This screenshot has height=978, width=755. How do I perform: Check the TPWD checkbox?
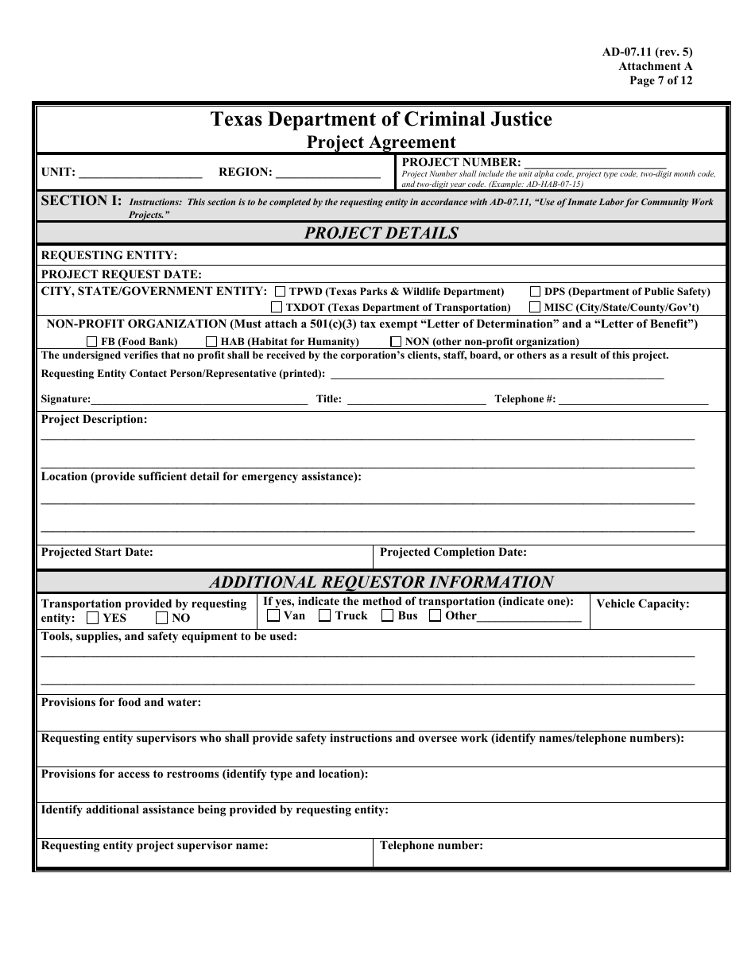coord(281,292)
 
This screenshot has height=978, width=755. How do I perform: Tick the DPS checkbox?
coord(536,292)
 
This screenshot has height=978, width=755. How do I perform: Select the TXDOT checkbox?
coord(277,307)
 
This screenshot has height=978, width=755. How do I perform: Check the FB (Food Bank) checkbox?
coord(92,341)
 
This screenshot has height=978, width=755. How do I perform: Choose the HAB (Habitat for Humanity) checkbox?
coord(211,341)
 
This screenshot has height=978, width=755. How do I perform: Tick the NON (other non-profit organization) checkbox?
coord(396,341)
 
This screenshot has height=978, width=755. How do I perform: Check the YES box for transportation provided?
coord(93,618)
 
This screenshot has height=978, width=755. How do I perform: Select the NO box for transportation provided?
coord(161,618)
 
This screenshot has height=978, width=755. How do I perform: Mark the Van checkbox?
coord(273,615)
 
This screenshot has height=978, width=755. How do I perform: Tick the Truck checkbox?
coord(324,615)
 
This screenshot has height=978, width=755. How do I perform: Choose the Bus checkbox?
coord(387,615)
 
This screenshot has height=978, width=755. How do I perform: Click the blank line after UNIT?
coord(141,173)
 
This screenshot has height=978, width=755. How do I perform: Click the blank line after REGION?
coord(327,173)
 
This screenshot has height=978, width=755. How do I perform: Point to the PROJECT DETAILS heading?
coord(381,233)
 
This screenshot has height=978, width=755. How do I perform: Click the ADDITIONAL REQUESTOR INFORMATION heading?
coord(381,582)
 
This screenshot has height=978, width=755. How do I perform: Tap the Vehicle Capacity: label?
coord(642,603)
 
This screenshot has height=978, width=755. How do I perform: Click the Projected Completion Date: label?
coord(453,552)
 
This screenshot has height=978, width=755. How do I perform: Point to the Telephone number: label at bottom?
coord(432,846)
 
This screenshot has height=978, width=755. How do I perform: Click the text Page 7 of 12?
coord(660,80)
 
